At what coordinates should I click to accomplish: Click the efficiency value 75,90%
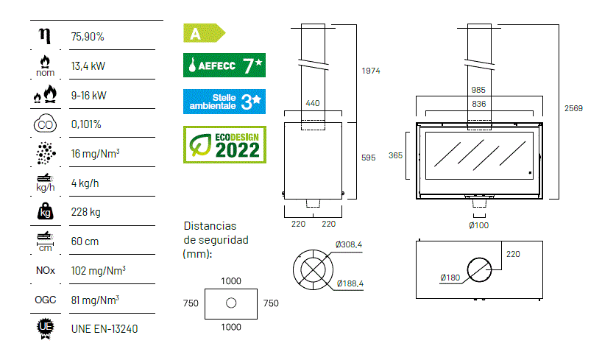point(88,37)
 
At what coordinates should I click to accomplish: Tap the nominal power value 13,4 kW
point(88,66)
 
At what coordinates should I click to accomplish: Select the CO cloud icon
point(46,124)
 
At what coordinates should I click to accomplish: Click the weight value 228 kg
point(85,212)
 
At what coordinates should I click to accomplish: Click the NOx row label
point(46,270)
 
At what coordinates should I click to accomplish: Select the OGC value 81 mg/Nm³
point(95,300)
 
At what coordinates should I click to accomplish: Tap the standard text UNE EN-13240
point(105,329)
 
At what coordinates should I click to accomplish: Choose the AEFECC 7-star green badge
point(224,66)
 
